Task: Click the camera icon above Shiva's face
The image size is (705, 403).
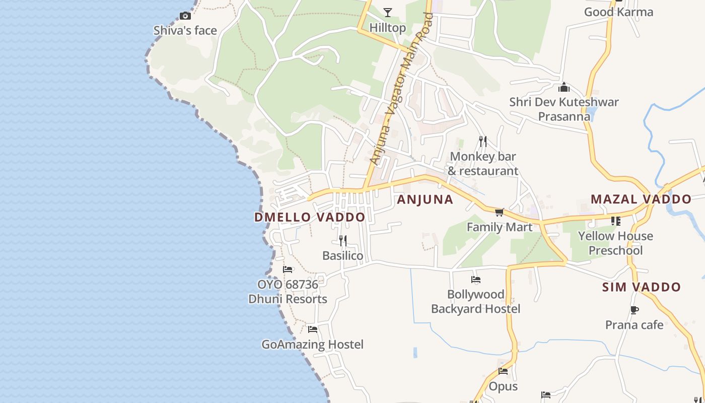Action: [x=185, y=16]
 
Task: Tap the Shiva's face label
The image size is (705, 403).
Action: [x=185, y=31]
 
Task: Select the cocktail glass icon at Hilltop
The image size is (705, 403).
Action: [x=387, y=12]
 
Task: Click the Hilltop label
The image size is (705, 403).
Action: [x=387, y=27]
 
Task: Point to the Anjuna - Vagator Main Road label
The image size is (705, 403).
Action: [x=401, y=89]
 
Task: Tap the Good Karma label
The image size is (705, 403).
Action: [x=618, y=12]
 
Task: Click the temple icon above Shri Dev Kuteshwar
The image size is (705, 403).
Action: [x=564, y=87]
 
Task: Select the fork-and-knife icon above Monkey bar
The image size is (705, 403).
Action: [x=482, y=141]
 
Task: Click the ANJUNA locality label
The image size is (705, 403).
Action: [x=425, y=199]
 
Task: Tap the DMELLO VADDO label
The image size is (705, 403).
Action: [x=310, y=217]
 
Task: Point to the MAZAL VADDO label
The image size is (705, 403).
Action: [x=641, y=199]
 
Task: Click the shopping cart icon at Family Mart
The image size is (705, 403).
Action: [x=499, y=213]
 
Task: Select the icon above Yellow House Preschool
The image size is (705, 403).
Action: [x=615, y=221]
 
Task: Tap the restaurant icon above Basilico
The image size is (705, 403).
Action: [x=342, y=240]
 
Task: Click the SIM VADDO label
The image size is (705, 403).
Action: [x=641, y=287]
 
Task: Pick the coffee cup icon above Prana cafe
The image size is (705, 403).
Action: [x=634, y=310]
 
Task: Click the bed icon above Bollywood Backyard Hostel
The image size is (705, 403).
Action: [x=475, y=279]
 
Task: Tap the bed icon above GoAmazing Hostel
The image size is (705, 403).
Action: [x=312, y=329]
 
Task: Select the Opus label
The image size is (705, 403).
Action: [x=503, y=386]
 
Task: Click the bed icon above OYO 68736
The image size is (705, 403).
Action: [x=288, y=270]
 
